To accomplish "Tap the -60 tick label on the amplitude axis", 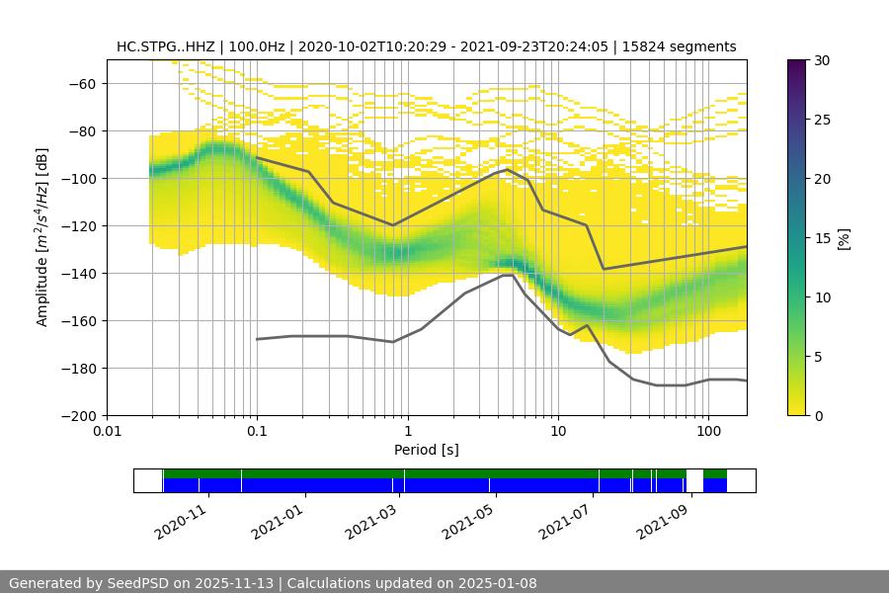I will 80,83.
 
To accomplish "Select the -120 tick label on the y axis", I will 76,225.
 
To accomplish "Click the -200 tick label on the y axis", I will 76,415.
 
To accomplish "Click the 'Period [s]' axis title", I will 427,450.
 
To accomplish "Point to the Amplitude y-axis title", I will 42,237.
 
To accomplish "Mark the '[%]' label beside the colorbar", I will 844,237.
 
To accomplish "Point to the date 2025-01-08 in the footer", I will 498,583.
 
